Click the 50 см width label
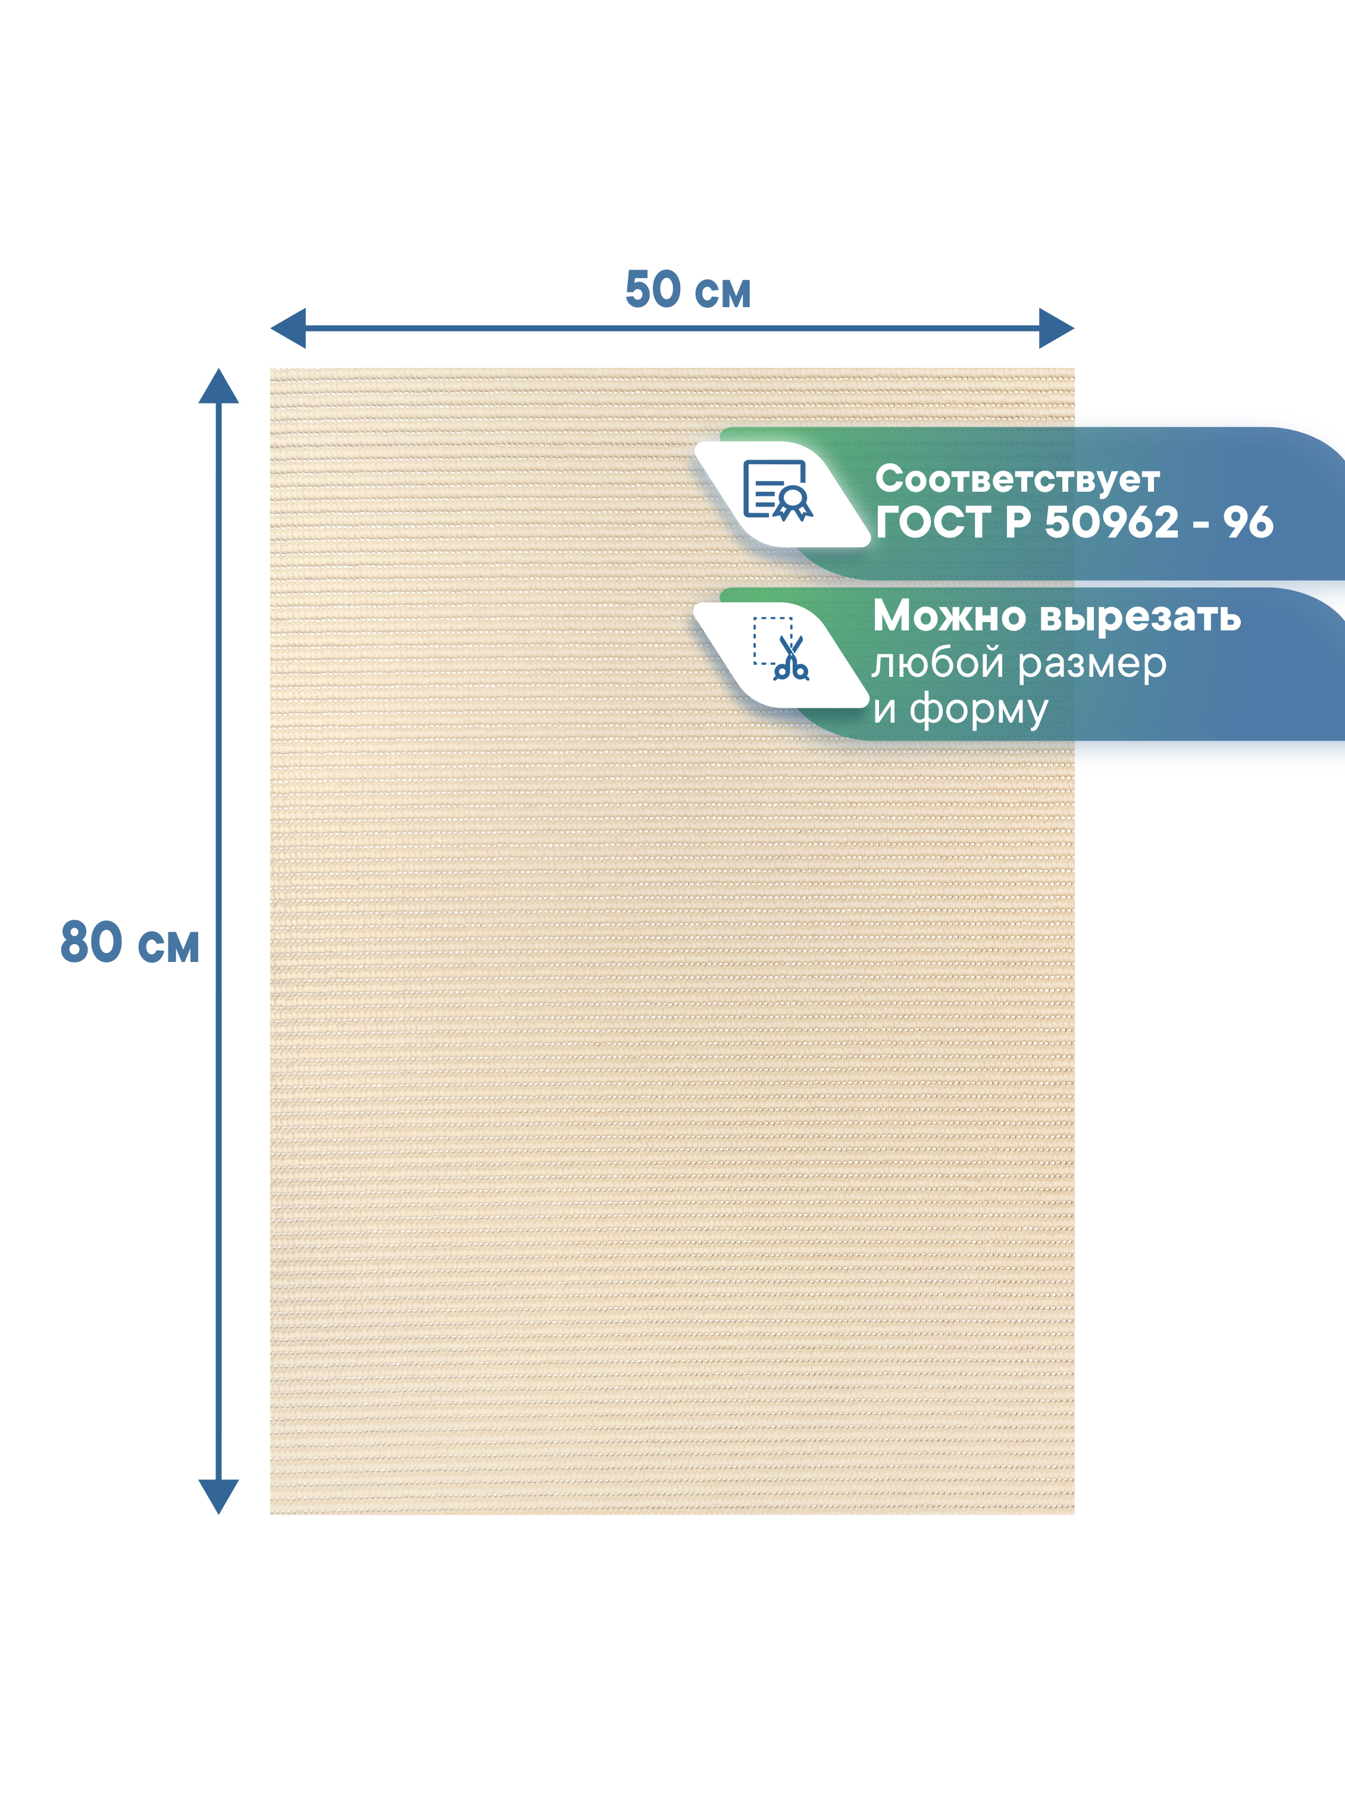pyautogui.click(x=688, y=290)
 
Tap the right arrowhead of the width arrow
pyautogui.click(x=1056, y=328)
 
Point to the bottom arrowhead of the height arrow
pyautogui.click(x=219, y=1497)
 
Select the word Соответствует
pyautogui.click(x=1017, y=480)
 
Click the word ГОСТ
pyautogui.click(x=933, y=523)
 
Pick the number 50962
pyautogui.click(x=1112, y=523)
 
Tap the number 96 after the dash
pyautogui.click(x=1249, y=523)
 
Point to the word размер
pyautogui.click(x=1092, y=666)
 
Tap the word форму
pyautogui.click(x=979, y=713)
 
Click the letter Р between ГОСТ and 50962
pyautogui.click(x=1018, y=523)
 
